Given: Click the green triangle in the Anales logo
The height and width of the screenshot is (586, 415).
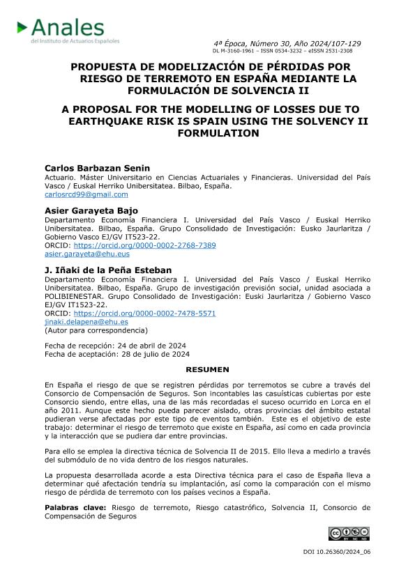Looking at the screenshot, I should [22, 28].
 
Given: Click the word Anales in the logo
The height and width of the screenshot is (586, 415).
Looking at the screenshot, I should [67, 28].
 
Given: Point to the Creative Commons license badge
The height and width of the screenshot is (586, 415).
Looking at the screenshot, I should [349, 534].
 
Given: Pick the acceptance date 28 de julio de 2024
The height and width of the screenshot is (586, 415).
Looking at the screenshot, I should [153, 353].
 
